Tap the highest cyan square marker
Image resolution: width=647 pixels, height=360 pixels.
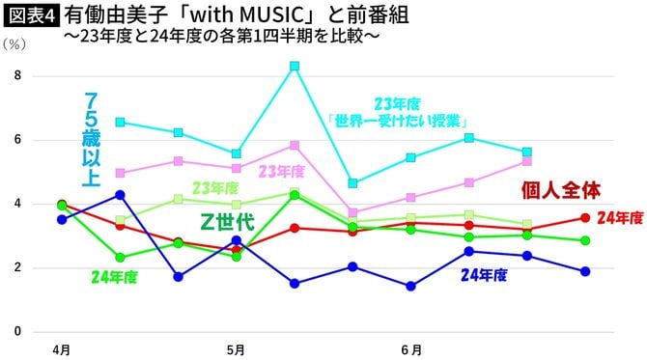[x=295, y=67]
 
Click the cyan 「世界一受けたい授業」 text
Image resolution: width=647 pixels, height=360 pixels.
[x=396, y=122]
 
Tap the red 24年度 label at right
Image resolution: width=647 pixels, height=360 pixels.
[x=619, y=218]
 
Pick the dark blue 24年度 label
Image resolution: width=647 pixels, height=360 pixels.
[x=484, y=274]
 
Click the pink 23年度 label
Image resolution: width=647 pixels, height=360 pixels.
[x=281, y=171]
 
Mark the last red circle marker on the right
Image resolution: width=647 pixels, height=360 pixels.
[x=585, y=218]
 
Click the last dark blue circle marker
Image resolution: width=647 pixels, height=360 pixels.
[x=585, y=271]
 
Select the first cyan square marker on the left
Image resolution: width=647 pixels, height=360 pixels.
[x=120, y=123]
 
